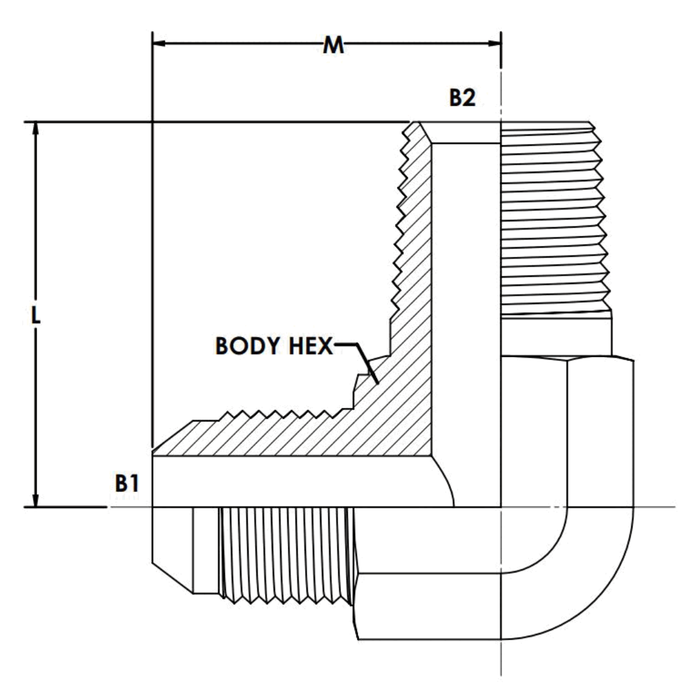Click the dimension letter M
click(332, 46)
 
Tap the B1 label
click(127, 484)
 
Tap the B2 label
click(462, 98)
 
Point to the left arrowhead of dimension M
click(159, 44)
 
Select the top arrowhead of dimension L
click(36, 128)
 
